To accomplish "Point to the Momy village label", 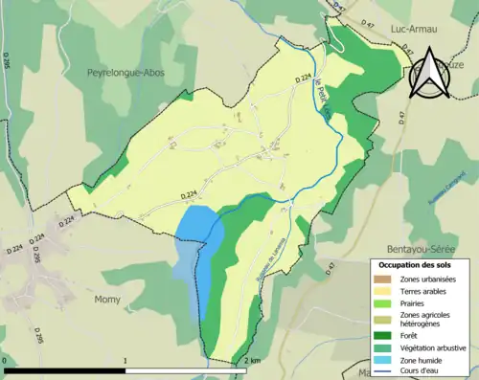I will pyautogui.click(x=106, y=300).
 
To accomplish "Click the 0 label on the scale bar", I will pyautogui.click(x=6, y=361).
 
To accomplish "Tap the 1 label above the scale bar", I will pyautogui.click(x=125, y=361).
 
